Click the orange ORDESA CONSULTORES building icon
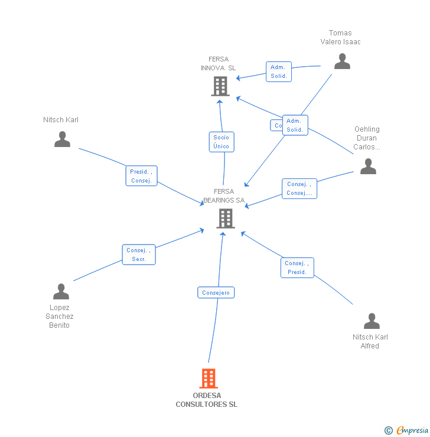point(209,378)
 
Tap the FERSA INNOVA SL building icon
point(220,86)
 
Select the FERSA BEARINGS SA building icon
point(225,218)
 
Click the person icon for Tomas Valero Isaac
point(342,61)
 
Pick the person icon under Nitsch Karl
point(62,139)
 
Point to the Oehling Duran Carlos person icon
point(368,166)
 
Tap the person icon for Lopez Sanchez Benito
point(61,292)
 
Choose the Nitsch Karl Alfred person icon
point(372,321)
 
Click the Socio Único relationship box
point(221,142)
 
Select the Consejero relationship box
point(216,292)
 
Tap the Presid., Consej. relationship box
point(142,176)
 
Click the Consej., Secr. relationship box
point(139,255)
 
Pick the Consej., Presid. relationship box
point(297,268)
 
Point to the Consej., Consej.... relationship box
point(299,188)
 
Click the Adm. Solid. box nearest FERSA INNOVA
point(278,71)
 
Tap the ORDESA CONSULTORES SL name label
point(207,400)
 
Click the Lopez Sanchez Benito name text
point(59,317)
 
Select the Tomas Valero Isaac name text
point(340,37)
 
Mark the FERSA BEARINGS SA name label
point(224,196)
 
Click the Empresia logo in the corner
point(407,431)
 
